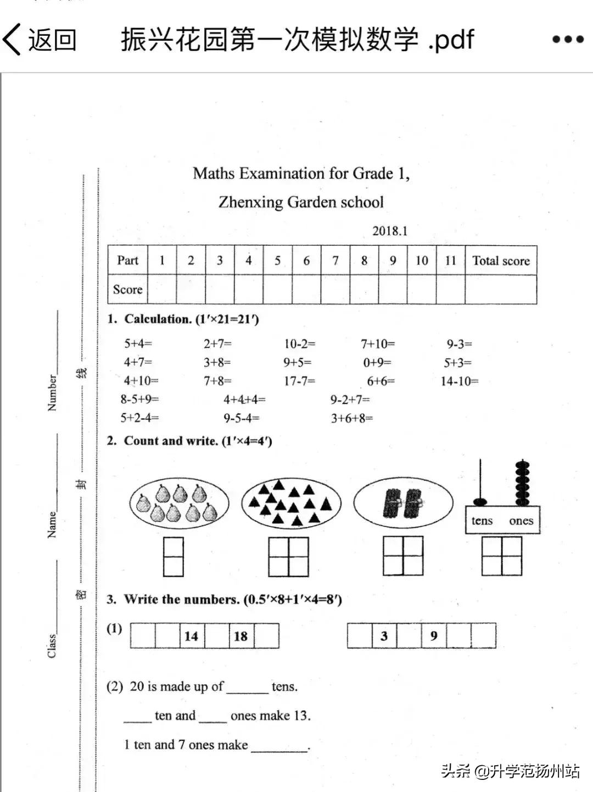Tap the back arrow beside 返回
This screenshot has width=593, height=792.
pos(12,40)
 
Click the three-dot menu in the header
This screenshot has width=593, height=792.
pos(568,40)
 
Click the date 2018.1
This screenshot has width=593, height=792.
pos(390,231)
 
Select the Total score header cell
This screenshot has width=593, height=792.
pos(501,261)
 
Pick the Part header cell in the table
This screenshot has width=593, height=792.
pos(127,261)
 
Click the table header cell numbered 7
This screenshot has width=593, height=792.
pos(335,261)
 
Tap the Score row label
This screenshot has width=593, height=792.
pos(127,290)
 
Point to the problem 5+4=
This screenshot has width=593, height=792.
pos(138,344)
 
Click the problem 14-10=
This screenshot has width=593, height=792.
pos(460,381)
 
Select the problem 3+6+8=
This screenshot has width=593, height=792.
pos(351,418)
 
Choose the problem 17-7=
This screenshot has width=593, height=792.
pos(299,381)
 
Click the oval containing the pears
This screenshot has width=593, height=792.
pos(179,503)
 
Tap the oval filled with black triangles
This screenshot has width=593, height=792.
pos(291,503)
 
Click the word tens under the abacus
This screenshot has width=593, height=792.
pos(482,521)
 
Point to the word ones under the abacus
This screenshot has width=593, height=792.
pos(521,521)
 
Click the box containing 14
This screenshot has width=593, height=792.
pos(192,636)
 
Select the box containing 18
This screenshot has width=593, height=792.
pos(240,636)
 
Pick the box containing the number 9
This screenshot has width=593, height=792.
pos(434,636)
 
